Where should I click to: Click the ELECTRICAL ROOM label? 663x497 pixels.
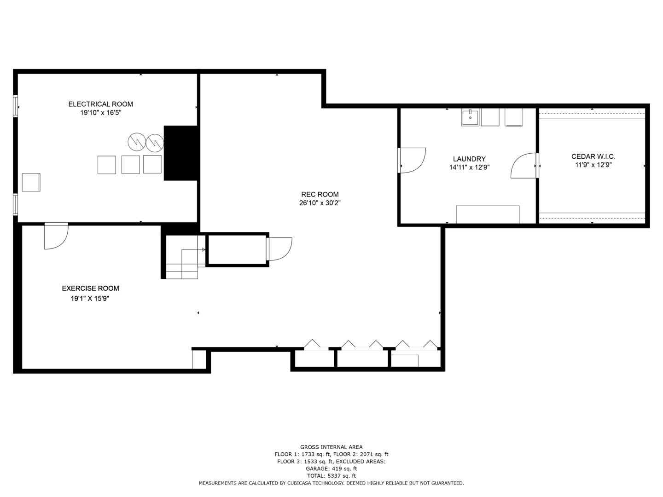100,104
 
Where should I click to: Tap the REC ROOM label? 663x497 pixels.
320,194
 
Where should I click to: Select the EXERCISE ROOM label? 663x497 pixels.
90,289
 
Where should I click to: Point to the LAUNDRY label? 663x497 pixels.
469,159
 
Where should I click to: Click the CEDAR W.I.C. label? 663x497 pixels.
593,156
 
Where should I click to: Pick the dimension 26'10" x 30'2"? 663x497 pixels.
320,203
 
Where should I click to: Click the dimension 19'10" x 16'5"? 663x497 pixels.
100,113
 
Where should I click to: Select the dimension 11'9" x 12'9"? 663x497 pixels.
593,165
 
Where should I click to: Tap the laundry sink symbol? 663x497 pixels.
470,118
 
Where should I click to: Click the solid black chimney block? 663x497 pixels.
181,153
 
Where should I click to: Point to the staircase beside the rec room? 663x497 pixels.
182,258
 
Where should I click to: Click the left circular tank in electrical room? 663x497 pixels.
137,142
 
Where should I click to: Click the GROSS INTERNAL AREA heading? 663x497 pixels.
331,447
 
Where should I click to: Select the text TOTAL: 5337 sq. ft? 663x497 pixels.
331,476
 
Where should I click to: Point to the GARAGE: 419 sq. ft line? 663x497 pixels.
331,468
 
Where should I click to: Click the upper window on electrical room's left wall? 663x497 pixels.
15,106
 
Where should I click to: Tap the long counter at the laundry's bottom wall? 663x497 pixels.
488,214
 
